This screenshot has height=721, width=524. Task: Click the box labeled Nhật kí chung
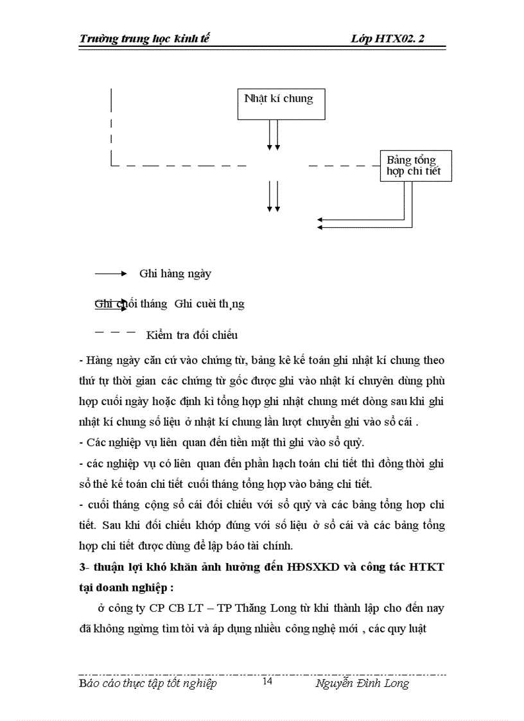(x=279, y=103)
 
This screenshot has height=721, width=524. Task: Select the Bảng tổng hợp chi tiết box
(x=415, y=166)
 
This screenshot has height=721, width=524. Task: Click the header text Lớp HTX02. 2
(x=388, y=39)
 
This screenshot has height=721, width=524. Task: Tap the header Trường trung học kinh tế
(x=144, y=39)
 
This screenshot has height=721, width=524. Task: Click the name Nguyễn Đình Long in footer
(x=362, y=683)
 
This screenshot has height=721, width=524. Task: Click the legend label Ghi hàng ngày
(x=175, y=274)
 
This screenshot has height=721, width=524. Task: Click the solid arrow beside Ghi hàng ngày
(x=112, y=274)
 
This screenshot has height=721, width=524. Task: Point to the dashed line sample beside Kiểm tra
(x=115, y=333)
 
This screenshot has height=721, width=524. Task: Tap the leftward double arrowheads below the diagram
(x=321, y=223)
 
